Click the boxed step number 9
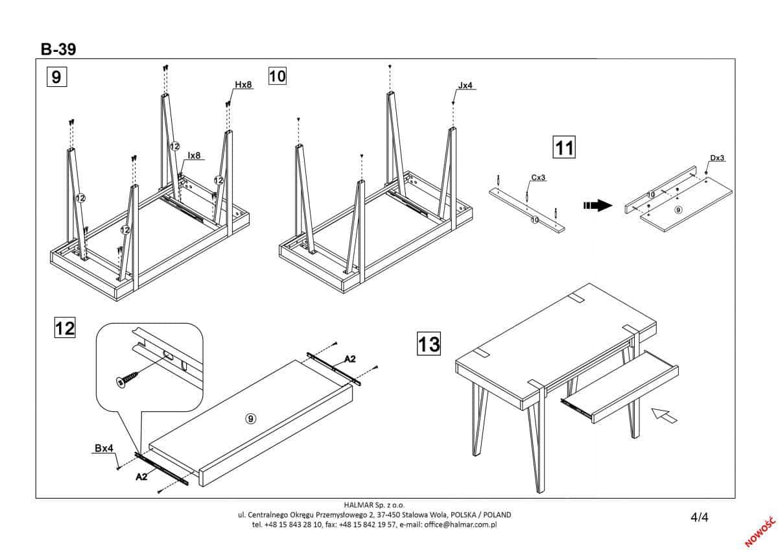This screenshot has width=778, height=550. [x=56, y=77]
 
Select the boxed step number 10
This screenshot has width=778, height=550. [x=277, y=76]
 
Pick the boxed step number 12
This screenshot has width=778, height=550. [x=64, y=328]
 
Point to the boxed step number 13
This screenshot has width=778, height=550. [x=429, y=343]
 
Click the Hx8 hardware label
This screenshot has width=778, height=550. [x=243, y=85]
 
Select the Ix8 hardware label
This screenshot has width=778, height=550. [x=194, y=156]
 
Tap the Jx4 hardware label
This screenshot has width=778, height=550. [x=466, y=85]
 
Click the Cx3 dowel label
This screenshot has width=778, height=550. [x=538, y=177]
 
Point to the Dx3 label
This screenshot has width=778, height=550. [x=716, y=158]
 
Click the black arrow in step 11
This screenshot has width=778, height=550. [x=598, y=206]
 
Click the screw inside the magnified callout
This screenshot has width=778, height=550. [x=126, y=379]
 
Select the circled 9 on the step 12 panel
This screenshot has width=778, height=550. [x=250, y=418]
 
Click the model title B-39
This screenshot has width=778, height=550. [x=59, y=49]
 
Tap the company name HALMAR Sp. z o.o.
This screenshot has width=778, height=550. [x=375, y=505]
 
